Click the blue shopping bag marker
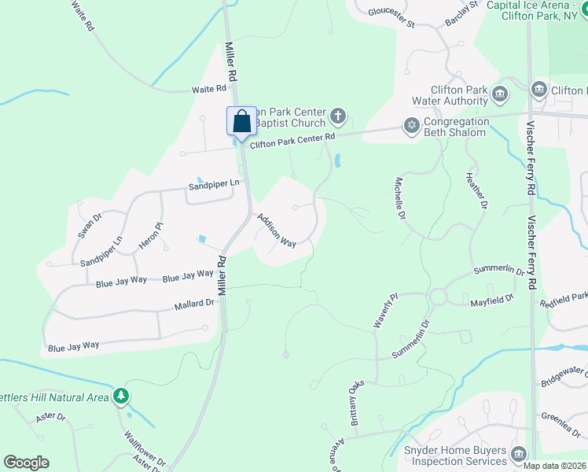click(x=241, y=122)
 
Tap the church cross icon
click(x=338, y=117)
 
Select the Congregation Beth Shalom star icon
click(x=411, y=125)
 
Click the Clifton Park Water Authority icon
click(x=500, y=96)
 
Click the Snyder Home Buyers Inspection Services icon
click(x=518, y=454)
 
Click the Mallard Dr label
click(x=195, y=304)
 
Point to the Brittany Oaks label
click(x=356, y=404)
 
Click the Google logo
click(x=26, y=463)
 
